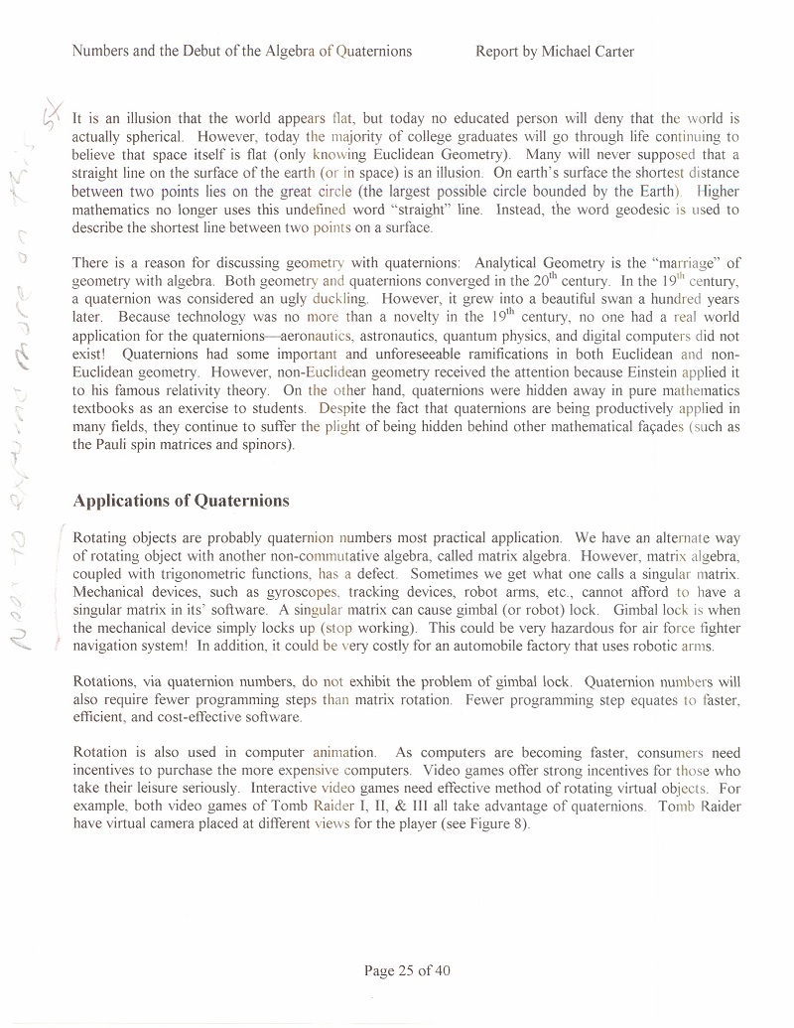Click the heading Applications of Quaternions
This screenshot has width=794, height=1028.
tap(181, 500)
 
